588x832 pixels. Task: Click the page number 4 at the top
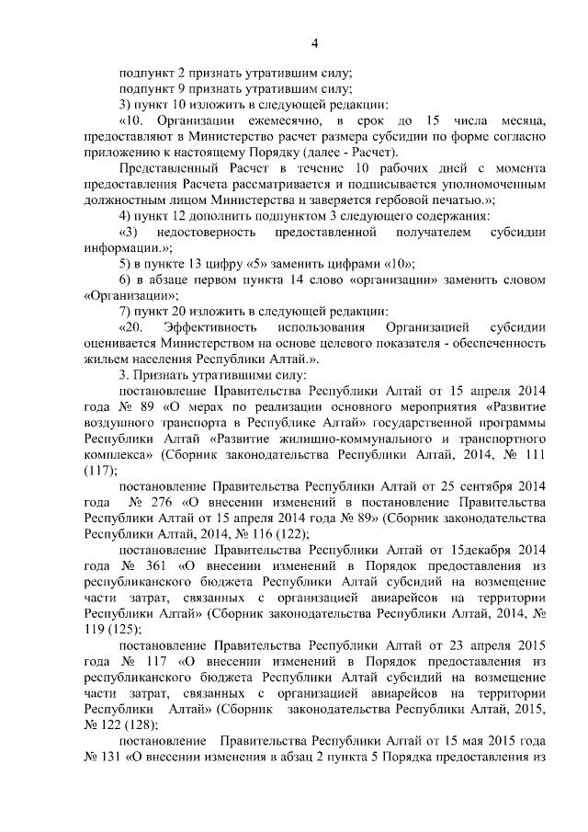pyautogui.click(x=314, y=43)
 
